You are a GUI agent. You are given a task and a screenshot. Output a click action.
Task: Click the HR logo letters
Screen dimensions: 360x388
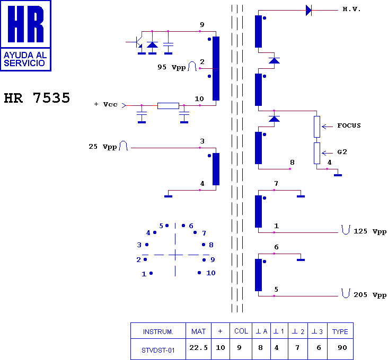point(25,25)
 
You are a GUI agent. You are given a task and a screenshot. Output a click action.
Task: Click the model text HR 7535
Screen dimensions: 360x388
point(37,98)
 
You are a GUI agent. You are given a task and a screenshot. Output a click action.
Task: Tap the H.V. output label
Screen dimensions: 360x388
point(351,10)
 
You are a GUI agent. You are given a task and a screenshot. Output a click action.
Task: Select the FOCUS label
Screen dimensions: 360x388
point(349,126)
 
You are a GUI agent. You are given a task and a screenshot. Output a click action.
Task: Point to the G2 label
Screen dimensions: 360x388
point(342,152)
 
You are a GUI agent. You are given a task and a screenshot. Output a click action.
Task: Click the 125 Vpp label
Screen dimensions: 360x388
point(370,232)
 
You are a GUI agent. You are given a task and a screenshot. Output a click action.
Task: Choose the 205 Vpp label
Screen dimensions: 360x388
point(370,295)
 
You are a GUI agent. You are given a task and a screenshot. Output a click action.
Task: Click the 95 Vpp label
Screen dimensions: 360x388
point(171,68)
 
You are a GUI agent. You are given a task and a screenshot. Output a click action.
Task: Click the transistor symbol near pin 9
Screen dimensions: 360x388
point(137,41)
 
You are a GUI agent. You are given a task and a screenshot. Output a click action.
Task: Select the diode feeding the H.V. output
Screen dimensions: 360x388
point(309,10)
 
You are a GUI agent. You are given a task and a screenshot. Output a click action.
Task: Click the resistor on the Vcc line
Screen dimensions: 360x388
point(168,105)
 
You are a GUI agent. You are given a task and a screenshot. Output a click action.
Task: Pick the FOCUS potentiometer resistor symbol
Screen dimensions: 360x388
point(317,127)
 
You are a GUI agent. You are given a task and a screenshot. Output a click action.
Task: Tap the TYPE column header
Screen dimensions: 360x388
point(340,332)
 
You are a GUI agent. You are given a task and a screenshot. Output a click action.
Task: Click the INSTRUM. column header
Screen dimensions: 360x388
point(158,332)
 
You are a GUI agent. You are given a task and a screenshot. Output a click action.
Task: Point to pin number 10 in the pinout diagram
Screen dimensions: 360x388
point(211,273)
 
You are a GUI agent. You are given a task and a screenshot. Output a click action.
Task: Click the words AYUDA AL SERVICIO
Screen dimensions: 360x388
point(25,59)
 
